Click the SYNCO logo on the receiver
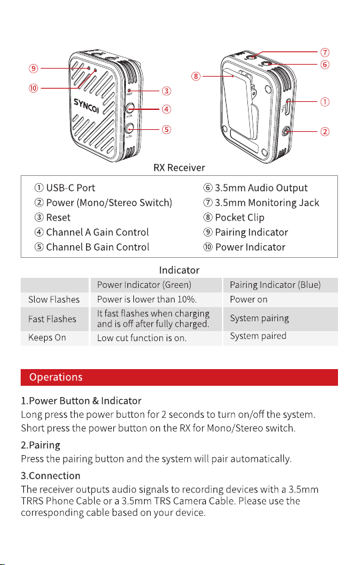[86, 105]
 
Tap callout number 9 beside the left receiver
[33, 68]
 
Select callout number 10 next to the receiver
[33, 88]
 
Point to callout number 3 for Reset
[166, 91]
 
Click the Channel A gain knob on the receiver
[129, 108]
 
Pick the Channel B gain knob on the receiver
[129, 128]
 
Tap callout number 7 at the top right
[325, 52]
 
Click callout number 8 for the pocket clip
[196, 76]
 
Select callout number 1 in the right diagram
[325, 102]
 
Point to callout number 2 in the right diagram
[325, 131]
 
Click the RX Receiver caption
[179, 167]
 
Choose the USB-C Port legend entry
[65, 188]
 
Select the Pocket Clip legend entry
[234, 218]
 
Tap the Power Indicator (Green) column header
[144, 284]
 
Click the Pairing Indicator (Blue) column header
[275, 284]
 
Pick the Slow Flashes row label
[54, 299]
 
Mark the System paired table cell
[258, 336]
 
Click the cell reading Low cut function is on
[142, 338]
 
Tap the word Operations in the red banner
[56, 377]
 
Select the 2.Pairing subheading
[41, 445]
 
